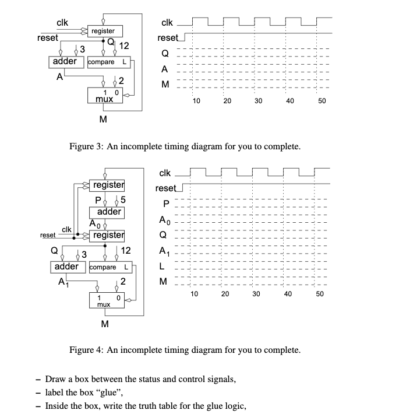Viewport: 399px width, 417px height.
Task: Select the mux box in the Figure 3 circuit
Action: (105, 96)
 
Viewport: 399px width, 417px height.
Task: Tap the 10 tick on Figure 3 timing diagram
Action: (196, 101)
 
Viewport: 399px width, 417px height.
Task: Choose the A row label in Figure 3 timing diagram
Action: (165, 69)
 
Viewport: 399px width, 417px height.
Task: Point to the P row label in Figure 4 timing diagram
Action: (166, 204)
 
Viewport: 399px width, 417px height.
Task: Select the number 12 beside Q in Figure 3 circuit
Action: (123, 45)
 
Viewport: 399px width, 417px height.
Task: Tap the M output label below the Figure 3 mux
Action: (103, 120)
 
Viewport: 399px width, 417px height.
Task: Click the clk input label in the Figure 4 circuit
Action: (66, 230)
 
